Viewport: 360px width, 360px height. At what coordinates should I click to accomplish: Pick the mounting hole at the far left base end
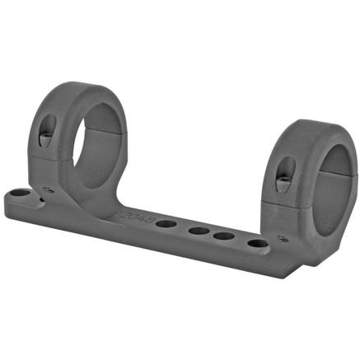coord(17,195)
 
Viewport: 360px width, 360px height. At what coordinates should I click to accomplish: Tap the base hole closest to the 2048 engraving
coord(164,223)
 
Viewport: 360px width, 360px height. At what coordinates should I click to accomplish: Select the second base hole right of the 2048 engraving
coord(198,231)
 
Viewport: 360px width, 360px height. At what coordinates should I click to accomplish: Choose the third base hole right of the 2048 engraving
coord(222,236)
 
